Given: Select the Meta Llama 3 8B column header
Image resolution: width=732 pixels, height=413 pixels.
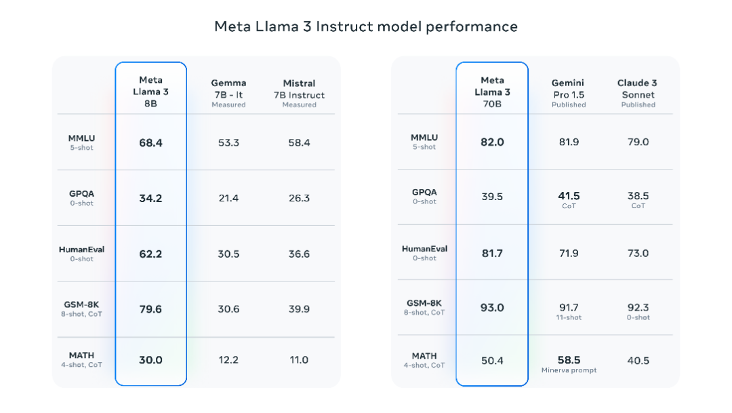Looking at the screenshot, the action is click(x=150, y=92).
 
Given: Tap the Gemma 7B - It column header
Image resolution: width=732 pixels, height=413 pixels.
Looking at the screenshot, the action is click(x=228, y=93).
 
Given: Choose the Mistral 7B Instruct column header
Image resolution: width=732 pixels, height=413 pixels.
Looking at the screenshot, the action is click(x=299, y=94).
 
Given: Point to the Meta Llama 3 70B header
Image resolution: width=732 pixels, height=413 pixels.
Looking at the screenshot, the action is click(x=492, y=92).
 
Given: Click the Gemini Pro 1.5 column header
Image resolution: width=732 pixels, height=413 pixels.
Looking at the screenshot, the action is click(x=568, y=93).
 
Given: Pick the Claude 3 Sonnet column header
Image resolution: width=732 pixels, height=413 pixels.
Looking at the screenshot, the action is click(x=638, y=93).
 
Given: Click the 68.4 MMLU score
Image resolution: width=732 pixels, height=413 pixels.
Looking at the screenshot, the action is click(x=150, y=143).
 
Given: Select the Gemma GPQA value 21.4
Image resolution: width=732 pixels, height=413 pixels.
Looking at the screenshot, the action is click(x=228, y=198).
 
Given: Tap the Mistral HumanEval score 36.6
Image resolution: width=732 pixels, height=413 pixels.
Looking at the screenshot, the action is click(x=299, y=254).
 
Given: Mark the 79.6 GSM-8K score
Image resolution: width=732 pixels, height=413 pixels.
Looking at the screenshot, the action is click(x=150, y=309).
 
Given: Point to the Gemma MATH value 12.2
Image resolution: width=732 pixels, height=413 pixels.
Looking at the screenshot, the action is click(x=228, y=359).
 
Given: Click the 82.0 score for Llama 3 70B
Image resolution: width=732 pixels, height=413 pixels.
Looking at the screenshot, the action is click(x=492, y=142).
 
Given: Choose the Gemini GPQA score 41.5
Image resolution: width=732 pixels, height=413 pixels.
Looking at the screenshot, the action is click(x=569, y=196).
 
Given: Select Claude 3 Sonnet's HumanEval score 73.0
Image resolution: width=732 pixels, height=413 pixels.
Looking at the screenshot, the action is click(x=638, y=253).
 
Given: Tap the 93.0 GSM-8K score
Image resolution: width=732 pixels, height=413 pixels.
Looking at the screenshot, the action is click(x=492, y=308).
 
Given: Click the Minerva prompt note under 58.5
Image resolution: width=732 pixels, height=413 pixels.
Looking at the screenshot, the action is click(x=569, y=370).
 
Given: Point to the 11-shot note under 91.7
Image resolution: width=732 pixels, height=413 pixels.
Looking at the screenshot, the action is click(x=569, y=317).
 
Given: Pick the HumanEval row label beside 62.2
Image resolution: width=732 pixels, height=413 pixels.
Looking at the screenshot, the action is click(x=82, y=253).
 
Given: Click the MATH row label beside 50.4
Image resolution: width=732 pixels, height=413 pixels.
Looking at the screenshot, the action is click(x=424, y=359).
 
